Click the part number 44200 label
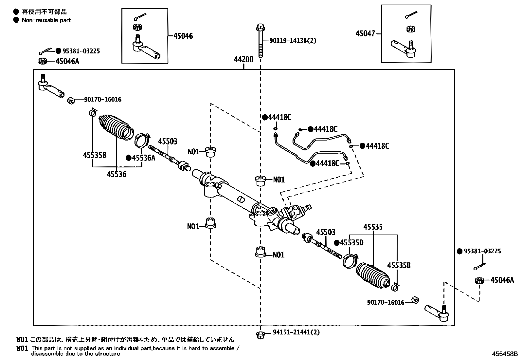243,60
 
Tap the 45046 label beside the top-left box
183,36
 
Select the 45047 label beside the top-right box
365,33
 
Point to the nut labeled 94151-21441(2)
260,334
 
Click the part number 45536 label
116,174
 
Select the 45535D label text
351,243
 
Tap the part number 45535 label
373,227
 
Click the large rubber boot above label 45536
116,127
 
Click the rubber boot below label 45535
373,276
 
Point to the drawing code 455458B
505,354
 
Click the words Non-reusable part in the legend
46,20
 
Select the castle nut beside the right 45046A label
479,280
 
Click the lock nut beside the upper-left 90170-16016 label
71,100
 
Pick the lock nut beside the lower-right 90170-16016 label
415,299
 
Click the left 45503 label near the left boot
168,142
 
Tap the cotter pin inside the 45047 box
411,15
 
